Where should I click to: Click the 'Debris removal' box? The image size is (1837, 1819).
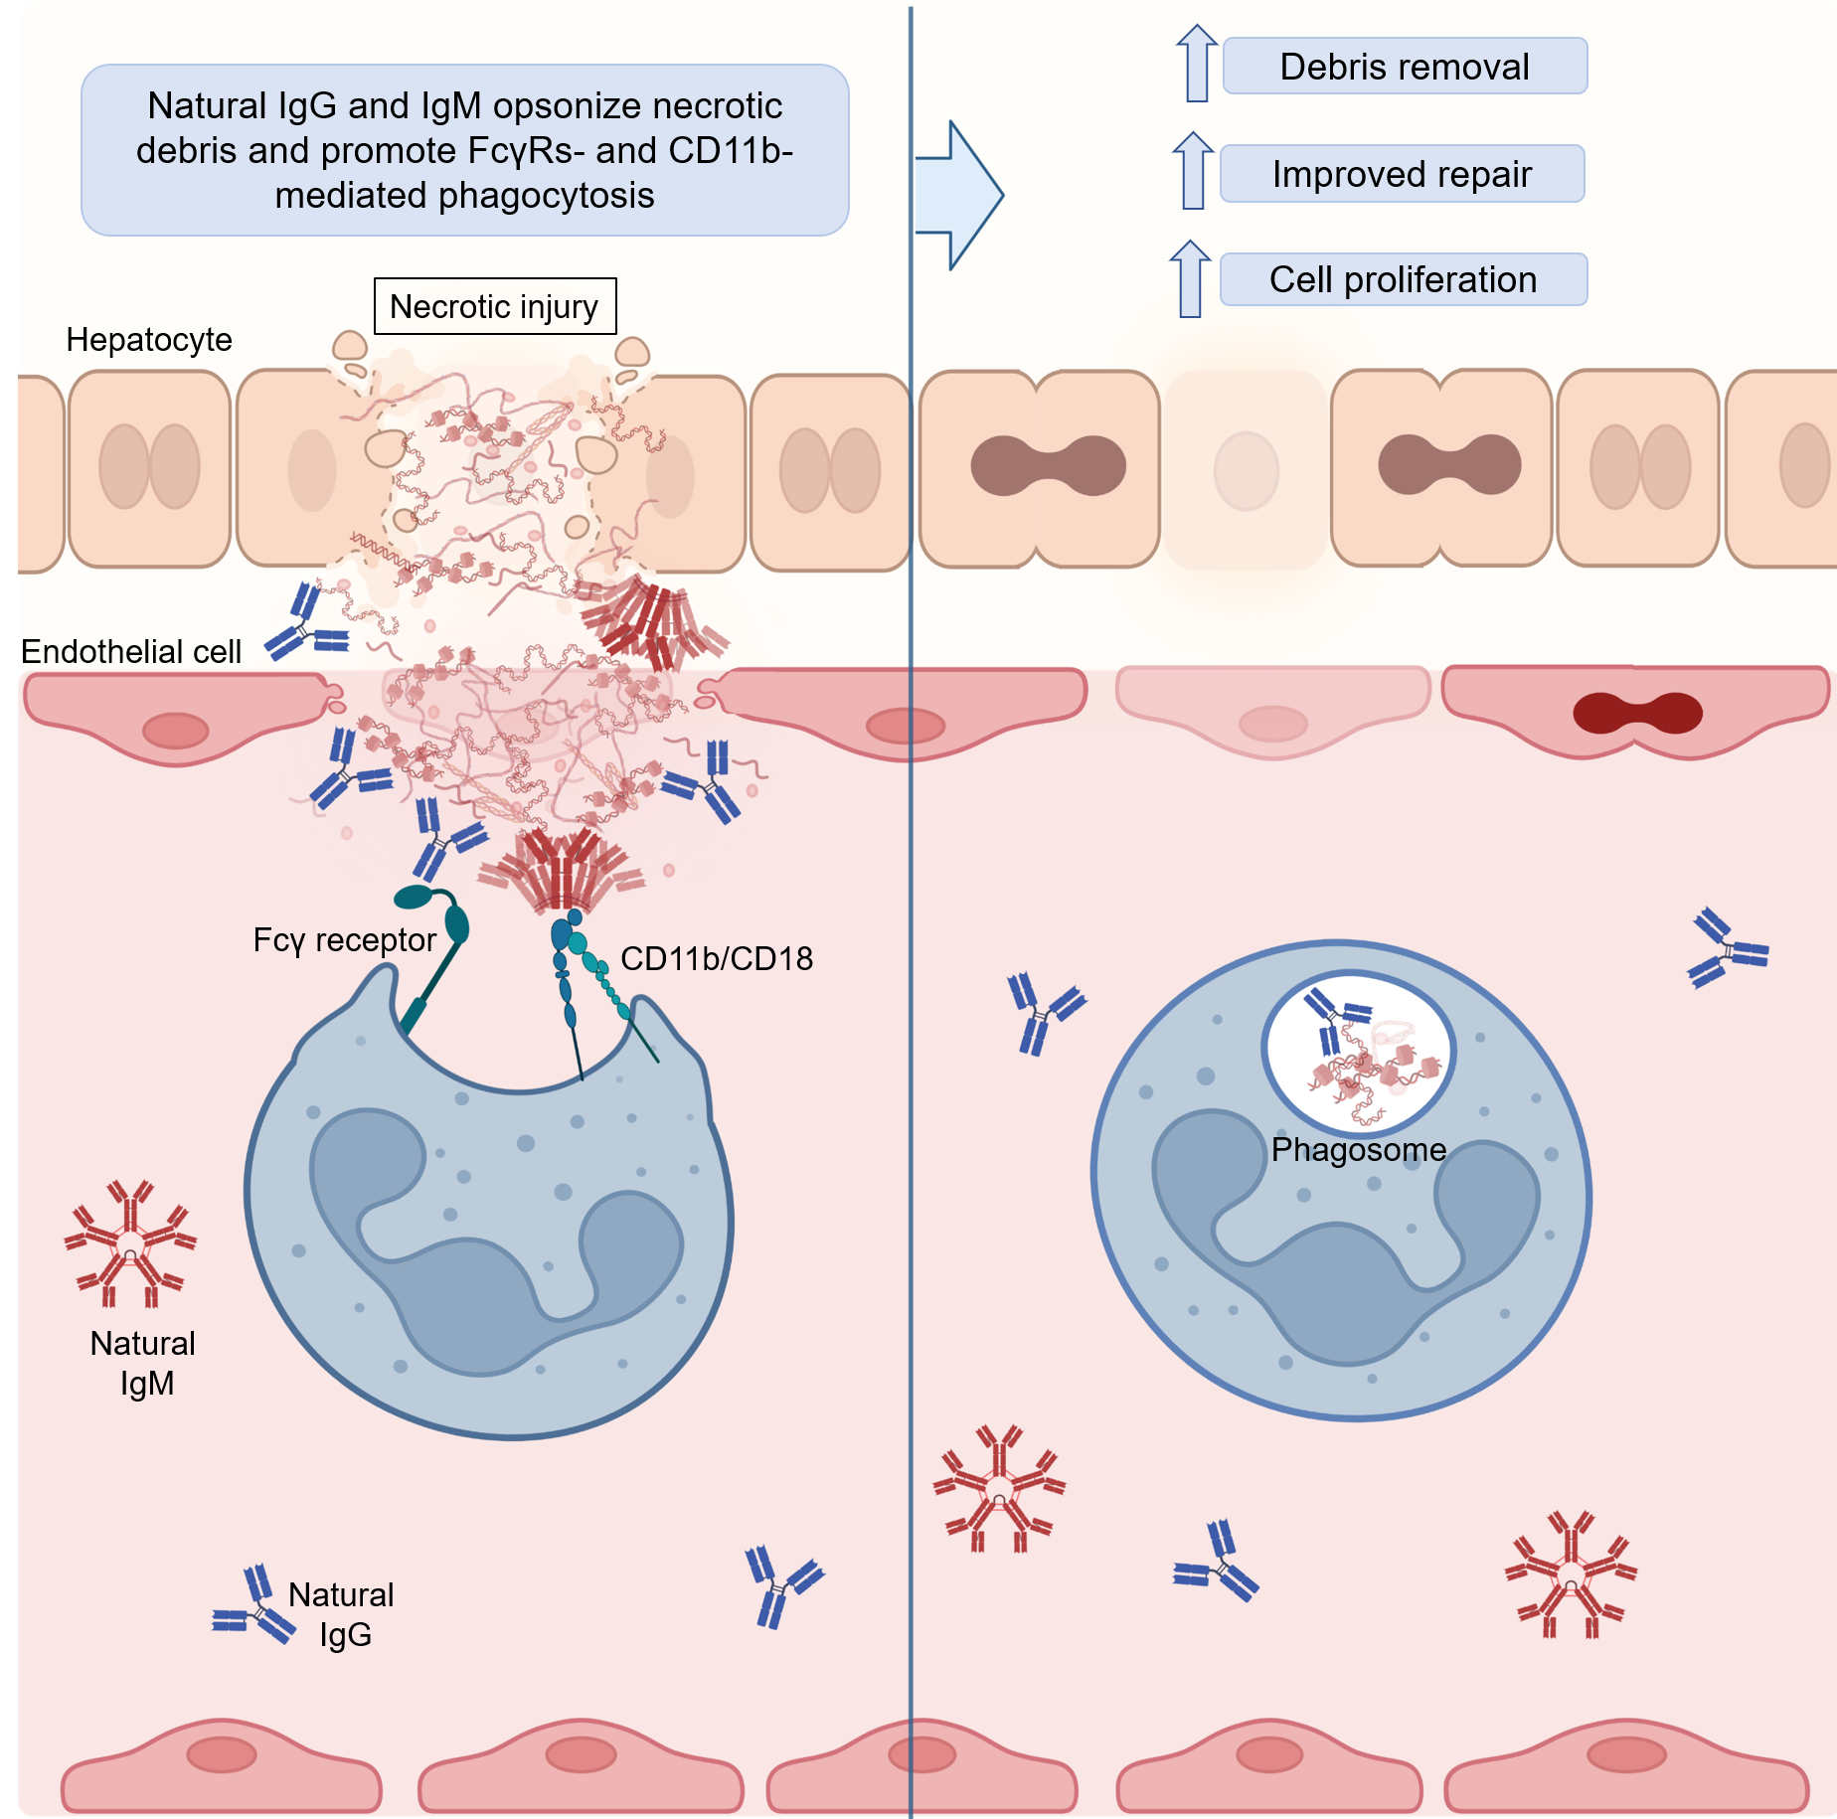pos(1404,67)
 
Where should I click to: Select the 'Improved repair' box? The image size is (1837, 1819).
pos(1402,174)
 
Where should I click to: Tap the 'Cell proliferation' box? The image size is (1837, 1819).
pos(1403,279)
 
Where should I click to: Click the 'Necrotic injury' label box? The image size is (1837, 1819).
pos(494,306)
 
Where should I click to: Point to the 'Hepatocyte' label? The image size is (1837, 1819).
pos(149,340)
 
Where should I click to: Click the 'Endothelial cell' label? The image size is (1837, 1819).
pos(131,652)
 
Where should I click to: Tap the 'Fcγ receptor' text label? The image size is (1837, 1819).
pos(344,940)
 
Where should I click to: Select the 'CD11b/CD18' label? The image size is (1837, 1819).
pos(717,958)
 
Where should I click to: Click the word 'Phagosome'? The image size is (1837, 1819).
pos(1359,1150)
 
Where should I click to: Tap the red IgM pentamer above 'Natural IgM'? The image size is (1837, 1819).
pos(130,1242)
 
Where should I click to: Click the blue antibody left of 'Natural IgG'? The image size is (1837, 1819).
pos(254,1606)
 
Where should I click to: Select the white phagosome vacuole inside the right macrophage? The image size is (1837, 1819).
pos(1359,1051)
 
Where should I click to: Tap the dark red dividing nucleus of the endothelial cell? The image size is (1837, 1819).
pos(1637,713)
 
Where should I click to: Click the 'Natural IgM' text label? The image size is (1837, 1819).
pos(144,1363)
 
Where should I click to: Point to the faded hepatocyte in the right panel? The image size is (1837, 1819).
pos(1246,470)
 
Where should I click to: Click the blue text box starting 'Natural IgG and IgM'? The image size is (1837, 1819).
pos(464,150)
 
